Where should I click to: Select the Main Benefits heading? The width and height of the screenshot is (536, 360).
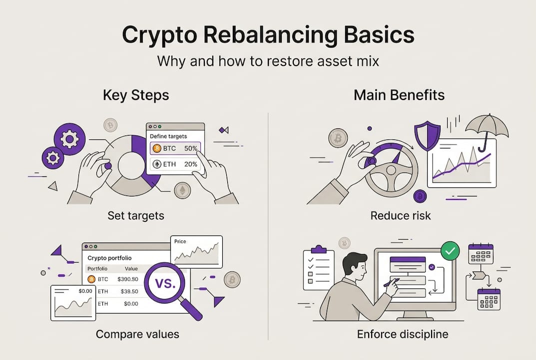(x=399, y=95)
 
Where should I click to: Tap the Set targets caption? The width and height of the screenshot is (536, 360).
(x=136, y=216)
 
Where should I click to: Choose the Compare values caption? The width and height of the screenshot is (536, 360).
(x=137, y=334)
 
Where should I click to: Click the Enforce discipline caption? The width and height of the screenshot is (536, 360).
(x=403, y=334)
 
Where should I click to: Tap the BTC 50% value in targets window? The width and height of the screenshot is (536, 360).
(x=191, y=148)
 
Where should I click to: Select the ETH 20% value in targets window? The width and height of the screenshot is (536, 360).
(x=191, y=164)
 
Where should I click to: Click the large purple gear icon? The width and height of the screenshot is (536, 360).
(x=69, y=138)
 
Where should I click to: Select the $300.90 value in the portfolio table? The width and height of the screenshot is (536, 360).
(x=127, y=279)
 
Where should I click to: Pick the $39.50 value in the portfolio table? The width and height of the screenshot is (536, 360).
(x=127, y=291)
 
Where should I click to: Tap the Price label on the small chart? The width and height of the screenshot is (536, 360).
(x=180, y=241)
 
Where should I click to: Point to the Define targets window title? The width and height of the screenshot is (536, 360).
(x=168, y=136)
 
